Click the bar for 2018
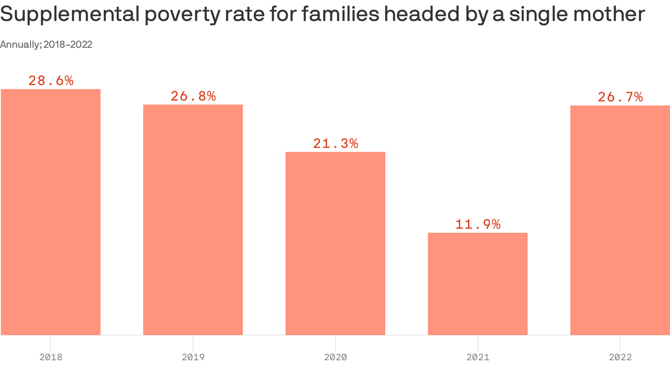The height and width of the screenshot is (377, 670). coord(51,212)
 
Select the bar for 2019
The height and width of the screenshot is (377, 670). coord(193,220)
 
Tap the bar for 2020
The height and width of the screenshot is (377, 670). coord(335,243)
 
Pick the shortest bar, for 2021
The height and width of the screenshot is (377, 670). coord(477,284)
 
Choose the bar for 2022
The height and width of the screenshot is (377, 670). coord(620,220)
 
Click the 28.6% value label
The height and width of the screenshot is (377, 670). coord(51,81)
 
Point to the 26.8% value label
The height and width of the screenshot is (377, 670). coord(193,96)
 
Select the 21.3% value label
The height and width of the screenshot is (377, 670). coord(335,144)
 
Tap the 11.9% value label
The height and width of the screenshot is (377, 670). coord(478,224)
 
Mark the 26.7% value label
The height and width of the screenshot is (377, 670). coord(620,97)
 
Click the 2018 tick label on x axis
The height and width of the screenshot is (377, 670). coord(51,357)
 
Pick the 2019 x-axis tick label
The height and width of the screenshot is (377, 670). coord(193,357)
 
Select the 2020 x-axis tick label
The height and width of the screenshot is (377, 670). coord(335,357)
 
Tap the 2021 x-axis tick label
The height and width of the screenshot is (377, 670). coord(477,357)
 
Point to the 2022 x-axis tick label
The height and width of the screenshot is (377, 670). coord(620,357)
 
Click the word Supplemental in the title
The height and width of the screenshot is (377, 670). coord(69,15)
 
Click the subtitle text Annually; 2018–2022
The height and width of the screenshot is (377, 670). coord(46,45)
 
